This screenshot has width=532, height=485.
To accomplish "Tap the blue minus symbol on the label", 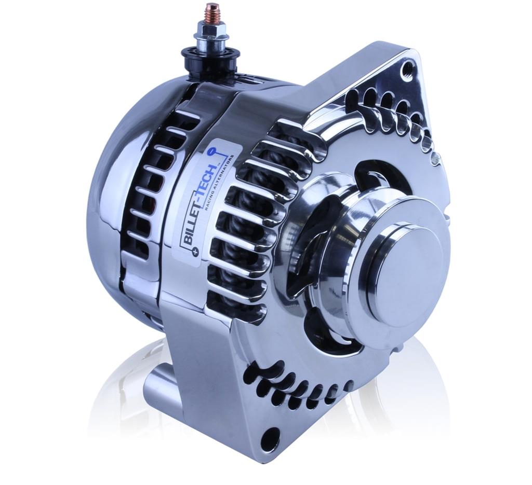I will pos(211,151).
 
